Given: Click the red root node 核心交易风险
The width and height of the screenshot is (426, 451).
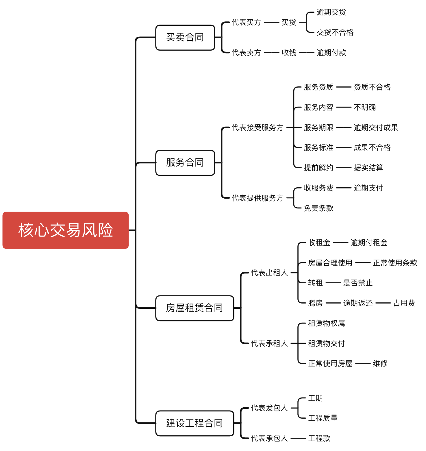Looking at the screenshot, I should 65,230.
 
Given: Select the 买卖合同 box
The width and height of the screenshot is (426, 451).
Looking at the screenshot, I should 185,38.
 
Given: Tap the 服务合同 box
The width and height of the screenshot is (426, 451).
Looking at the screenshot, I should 185,163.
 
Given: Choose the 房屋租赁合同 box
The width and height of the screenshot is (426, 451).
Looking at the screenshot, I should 195,308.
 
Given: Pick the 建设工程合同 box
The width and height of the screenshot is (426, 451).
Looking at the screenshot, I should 195,423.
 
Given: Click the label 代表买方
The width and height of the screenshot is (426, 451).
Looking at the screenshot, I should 246,22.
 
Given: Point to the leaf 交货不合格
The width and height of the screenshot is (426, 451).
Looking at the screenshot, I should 335,32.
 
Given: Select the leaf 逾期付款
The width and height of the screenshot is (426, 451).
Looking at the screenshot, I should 331,53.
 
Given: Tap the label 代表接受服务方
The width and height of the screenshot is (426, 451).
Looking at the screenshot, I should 257,127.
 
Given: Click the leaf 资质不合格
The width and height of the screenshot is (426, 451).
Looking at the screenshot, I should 372,87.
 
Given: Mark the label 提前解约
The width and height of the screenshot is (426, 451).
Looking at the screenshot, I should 318,168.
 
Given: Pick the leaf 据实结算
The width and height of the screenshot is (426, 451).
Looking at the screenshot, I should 368,168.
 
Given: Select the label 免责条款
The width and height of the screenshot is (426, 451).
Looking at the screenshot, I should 318,208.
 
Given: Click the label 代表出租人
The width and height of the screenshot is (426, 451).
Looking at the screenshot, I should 269,273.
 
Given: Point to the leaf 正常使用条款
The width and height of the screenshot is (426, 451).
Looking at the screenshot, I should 395,263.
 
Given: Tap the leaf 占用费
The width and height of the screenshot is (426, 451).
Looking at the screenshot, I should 404,303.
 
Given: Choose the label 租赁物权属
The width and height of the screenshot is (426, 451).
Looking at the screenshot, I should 326,323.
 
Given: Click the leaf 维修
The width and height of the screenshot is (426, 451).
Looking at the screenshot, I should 380,363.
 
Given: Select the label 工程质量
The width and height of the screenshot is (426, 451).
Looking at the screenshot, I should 323,418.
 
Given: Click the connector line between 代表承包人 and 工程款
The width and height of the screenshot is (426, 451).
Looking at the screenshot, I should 298,438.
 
